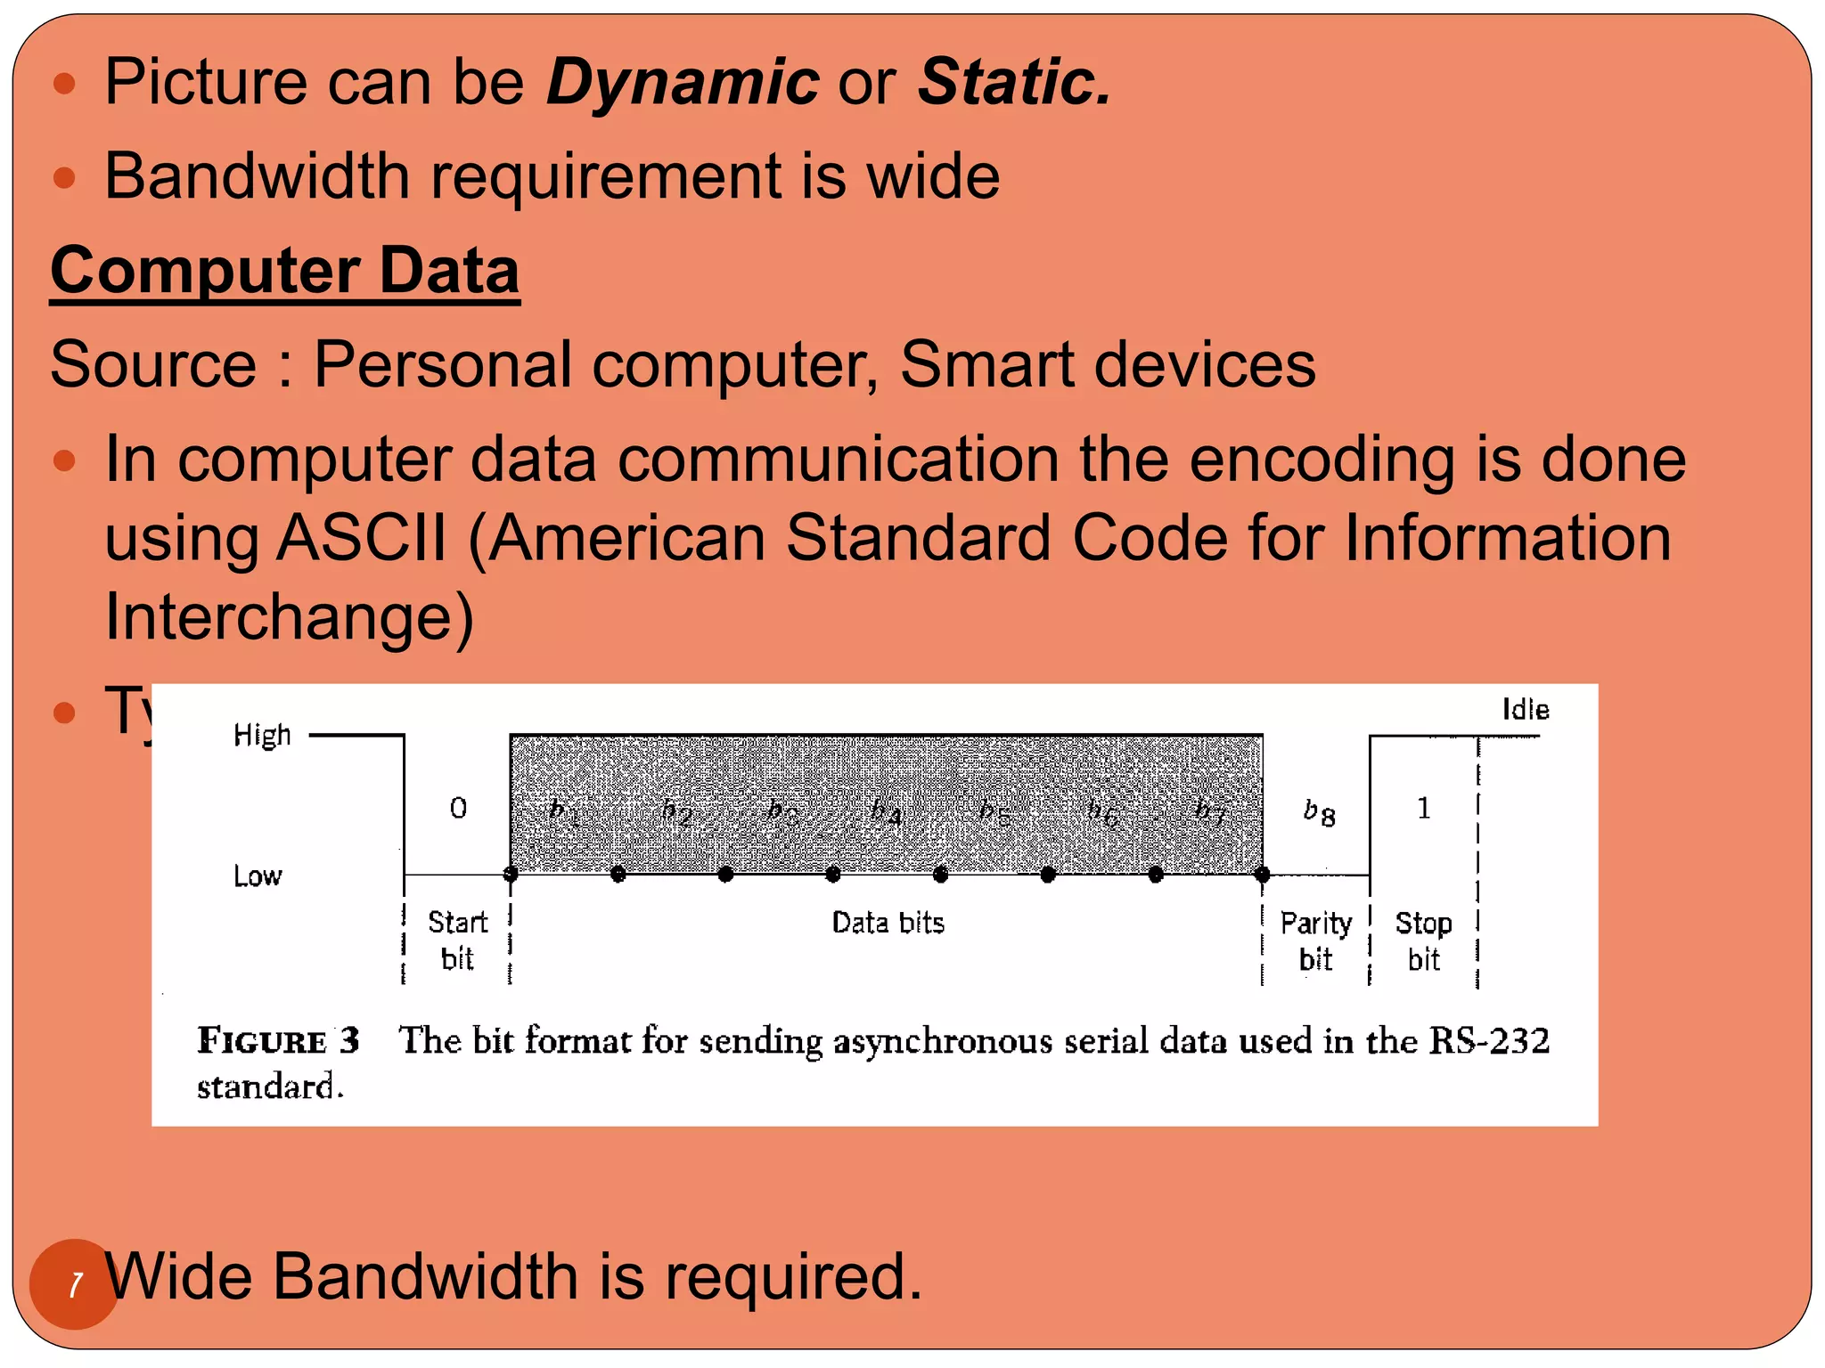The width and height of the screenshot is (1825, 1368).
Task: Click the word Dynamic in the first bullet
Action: coord(682,82)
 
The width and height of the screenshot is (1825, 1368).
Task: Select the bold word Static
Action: coord(1014,82)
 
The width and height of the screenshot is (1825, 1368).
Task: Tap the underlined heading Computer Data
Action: coord(284,270)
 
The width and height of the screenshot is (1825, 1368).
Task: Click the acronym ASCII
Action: coord(362,538)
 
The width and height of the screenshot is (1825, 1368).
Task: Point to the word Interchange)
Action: coord(289,616)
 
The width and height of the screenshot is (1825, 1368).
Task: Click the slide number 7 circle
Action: coord(75,1283)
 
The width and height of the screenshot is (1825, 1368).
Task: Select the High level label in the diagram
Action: coord(262,736)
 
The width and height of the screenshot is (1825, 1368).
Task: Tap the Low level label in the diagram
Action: coord(258,876)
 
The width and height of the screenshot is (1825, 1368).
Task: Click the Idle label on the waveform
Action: coord(1525,710)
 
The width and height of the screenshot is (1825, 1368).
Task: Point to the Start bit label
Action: coord(457,940)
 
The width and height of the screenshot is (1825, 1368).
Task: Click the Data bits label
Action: coord(888,923)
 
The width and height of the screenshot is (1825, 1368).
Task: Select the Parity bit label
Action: coord(1315,941)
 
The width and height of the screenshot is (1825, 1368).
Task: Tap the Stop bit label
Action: coord(1423,941)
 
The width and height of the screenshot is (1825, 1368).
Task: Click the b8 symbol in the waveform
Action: coord(1319,812)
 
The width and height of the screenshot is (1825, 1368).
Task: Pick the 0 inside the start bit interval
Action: coord(458,808)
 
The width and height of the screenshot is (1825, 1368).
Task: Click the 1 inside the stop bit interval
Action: coord(1423,808)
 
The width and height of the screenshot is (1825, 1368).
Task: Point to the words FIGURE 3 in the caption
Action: coord(278,1040)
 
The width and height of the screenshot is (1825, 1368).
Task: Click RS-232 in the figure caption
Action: coord(1489,1040)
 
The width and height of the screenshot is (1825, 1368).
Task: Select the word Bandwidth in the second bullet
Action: coord(257,176)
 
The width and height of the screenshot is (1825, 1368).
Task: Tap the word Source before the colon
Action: coord(153,364)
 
